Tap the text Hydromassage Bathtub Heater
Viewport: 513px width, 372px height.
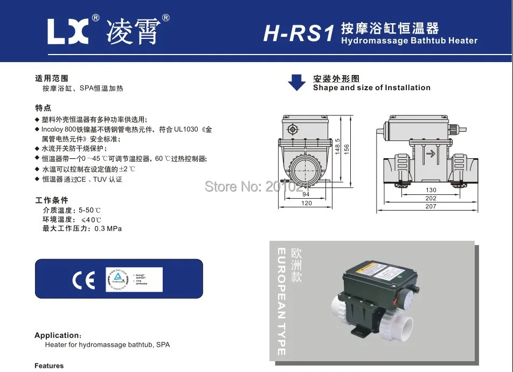tap(409, 41)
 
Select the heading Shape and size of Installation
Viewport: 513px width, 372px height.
tap(371, 87)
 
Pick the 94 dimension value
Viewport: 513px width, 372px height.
tap(306, 195)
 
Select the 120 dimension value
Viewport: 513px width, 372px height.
tap(306, 204)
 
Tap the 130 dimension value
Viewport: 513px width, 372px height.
tap(431, 190)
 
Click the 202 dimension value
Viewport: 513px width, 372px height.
tap(431, 198)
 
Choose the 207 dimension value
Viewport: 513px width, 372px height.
tap(431, 206)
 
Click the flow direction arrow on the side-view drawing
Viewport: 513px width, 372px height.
tap(430, 154)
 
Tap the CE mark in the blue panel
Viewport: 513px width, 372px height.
tap(84, 280)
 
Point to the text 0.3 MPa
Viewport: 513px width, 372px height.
tap(108, 228)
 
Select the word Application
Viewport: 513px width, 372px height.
tap(57, 335)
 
